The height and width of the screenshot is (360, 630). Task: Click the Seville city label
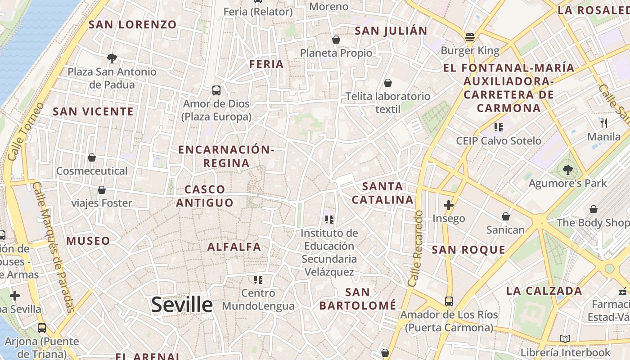coord(182,305)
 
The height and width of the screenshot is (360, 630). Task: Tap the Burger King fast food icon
coord(470,37)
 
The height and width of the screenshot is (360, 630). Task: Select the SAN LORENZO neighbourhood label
coord(133,25)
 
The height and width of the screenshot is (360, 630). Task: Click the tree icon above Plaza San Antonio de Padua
coord(112,58)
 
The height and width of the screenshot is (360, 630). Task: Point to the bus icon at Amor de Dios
coord(216,90)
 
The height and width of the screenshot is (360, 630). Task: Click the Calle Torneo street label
coord(26,131)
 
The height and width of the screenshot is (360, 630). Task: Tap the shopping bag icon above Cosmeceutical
coord(92,157)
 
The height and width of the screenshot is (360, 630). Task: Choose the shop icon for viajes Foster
coord(102,190)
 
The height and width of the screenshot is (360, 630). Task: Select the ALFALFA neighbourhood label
coord(234,247)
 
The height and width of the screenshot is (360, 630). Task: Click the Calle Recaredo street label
coord(416,248)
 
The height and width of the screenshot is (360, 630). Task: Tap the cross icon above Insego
coord(449,205)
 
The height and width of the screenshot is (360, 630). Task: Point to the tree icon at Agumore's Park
coord(567,170)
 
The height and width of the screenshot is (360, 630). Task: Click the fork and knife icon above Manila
coord(604,123)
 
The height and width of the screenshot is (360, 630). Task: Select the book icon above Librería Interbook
coord(565,339)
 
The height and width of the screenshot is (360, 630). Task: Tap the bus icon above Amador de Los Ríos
coord(449,301)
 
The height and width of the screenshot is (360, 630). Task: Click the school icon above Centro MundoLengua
coord(258,280)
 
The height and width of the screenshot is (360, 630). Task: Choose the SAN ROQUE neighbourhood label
coord(468,250)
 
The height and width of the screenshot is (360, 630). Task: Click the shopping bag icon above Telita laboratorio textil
coord(388,83)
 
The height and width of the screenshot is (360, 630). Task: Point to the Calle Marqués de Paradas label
coord(53,247)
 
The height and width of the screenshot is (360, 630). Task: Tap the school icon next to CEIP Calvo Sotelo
coord(498,127)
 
